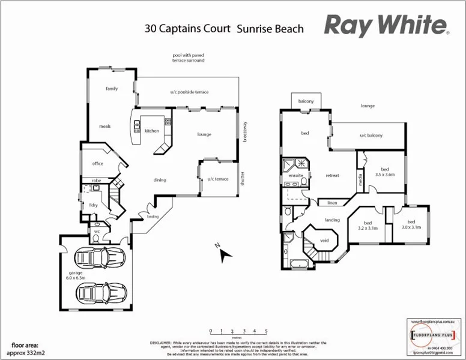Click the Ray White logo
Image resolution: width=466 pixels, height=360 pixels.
386,26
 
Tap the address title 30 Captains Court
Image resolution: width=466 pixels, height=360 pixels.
187,28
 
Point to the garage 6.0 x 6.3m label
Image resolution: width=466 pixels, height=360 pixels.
76,275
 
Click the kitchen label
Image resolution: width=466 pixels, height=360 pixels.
151,130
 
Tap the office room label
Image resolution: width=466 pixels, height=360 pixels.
97,163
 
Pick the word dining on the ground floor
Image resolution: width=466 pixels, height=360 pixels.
160,180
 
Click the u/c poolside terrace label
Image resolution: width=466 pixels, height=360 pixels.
189,92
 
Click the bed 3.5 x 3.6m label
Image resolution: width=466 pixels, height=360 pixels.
384,171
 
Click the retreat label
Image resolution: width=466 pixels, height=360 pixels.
332,175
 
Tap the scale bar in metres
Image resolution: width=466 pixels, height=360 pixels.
238,331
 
